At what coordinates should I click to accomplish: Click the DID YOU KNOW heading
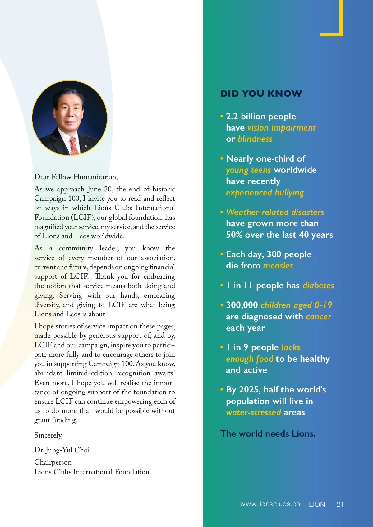pyautogui.click(x=261, y=94)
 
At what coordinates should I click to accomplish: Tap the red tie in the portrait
pyautogui.click(x=74, y=146)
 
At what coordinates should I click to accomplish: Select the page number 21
pyautogui.click(x=340, y=504)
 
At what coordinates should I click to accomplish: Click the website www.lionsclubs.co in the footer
pyautogui.click(x=270, y=504)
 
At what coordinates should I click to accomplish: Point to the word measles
pyautogui.click(x=278, y=266)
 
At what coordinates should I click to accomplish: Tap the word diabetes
pyautogui.click(x=318, y=286)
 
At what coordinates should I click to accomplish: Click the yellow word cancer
pyautogui.click(x=318, y=317)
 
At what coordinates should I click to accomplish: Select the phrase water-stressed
pyautogui.click(x=253, y=412)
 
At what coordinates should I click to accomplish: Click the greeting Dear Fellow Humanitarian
pyautogui.click(x=76, y=177)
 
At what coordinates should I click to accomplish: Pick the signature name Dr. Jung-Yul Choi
pyautogui.click(x=62, y=450)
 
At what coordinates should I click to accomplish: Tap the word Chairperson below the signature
pyautogui.click(x=53, y=462)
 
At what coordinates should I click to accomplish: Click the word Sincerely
pyautogui.click(x=48, y=435)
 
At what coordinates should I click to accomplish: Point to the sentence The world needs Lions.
pyautogui.click(x=268, y=433)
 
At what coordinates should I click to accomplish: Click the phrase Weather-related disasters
pyautogui.click(x=275, y=212)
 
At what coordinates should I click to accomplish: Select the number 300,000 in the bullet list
pyautogui.click(x=242, y=305)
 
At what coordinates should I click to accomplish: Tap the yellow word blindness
pyautogui.click(x=255, y=139)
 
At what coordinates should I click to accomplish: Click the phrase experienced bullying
pyautogui.click(x=265, y=193)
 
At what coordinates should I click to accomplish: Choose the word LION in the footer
pyautogui.click(x=317, y=504)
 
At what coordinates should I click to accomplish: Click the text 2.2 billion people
pyautogui.click(x=261, y=117)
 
